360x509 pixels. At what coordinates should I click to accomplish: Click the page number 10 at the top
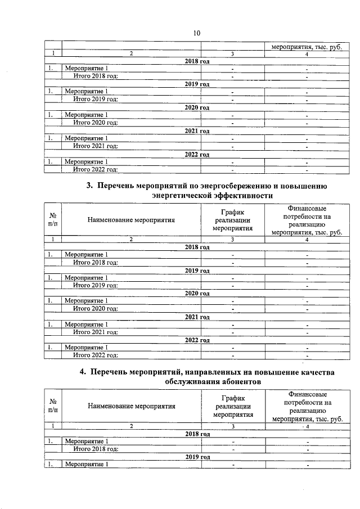[x=197, y=33]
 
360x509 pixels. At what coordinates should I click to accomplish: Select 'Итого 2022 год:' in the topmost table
[x=96, y=169]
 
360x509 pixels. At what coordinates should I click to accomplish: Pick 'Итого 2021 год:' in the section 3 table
[x=96, y=332]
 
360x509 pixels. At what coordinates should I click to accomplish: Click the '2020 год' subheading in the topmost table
[x=197, y=107]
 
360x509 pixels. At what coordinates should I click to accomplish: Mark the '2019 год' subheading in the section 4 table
[x=197, y=457]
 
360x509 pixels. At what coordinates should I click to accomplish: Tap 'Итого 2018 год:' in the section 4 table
[x=96, y=449]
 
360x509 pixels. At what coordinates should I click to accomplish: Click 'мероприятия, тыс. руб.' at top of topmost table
[x=307, y=47]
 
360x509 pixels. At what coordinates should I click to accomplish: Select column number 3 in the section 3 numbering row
[x=232, y=240]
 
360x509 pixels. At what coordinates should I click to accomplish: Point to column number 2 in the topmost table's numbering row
[x=131, y=54]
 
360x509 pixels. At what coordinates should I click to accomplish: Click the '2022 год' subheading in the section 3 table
[x=197, y=340]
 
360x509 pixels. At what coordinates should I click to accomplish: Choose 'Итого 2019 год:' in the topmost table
[x=96, y=99]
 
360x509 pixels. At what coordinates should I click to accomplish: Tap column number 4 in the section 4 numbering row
[x=307, y=426]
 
